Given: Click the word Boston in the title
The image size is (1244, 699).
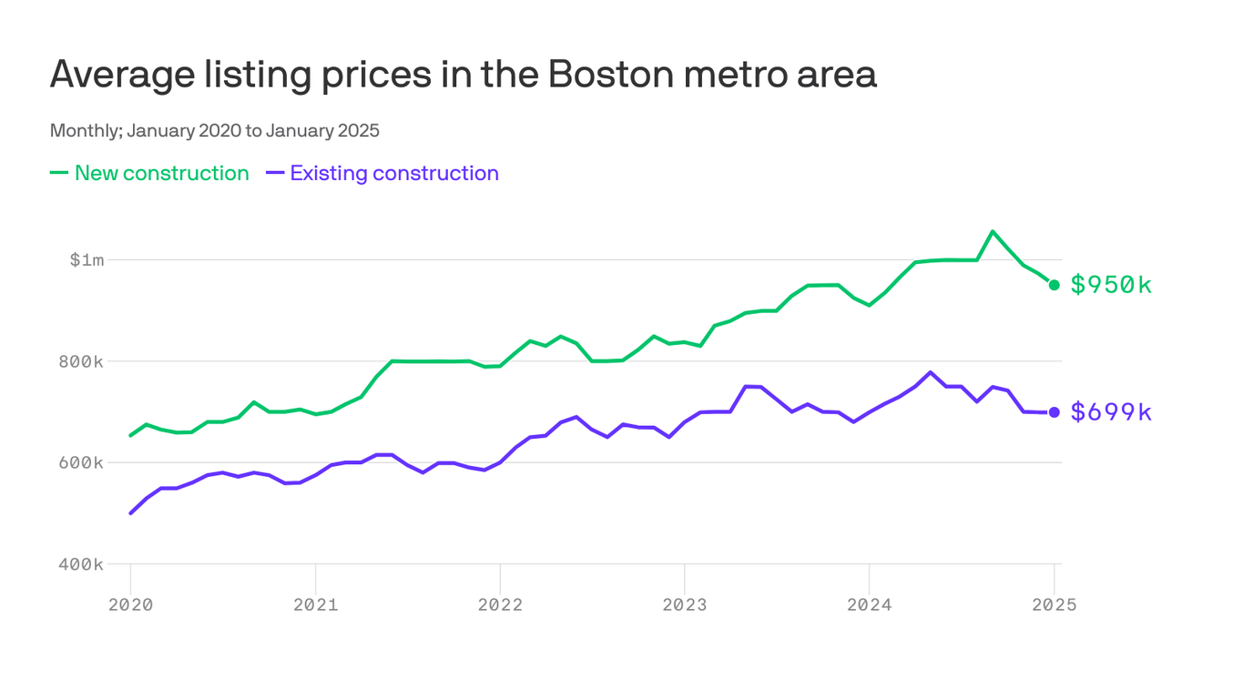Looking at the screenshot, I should click(x=606, y=75).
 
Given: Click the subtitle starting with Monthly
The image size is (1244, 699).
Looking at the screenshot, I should click(x=214, y=130).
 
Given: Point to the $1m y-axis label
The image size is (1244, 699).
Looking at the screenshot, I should click(x=87, y=260).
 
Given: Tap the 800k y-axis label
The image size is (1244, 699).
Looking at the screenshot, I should click(x=82, y=361).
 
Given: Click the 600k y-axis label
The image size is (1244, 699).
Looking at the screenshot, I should click(x=82, y=462).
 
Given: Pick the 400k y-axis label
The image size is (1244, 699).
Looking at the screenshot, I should click(x=82, y=564).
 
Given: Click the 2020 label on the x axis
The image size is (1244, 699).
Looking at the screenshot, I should click(x=130, y=605).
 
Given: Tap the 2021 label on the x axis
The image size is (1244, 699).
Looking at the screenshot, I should click(x=315, y=605).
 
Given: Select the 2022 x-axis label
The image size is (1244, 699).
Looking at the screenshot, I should click(x=500, y=605).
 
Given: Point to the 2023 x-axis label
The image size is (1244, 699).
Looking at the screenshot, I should click(x=684, y=605).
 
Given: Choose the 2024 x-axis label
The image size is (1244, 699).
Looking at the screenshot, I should click(x=869, y=605).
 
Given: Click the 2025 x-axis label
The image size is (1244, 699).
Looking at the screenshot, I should click(x=1054, y=605).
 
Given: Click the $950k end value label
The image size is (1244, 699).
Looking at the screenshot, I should click(x=1111, y=285).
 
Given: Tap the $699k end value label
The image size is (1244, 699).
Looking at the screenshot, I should click(x=1111, y=412).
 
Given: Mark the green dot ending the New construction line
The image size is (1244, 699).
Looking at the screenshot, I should click(x=1055, y=285).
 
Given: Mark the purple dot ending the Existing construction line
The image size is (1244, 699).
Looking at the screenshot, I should click(x=1055, y=412).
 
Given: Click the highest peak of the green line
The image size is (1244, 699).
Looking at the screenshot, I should click(x=993, y=231).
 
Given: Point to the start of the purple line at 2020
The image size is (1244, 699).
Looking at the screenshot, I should click(x=130, y=513).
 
